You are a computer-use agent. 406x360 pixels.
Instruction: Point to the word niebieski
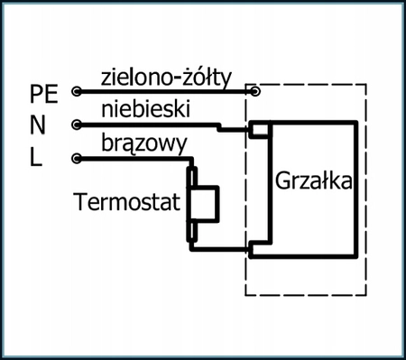coord(144,109)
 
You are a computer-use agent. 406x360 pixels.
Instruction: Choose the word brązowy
coord(144,143)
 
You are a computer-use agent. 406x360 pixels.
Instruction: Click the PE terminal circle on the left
coord(76,91)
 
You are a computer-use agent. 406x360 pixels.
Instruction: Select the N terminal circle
coord(76,125)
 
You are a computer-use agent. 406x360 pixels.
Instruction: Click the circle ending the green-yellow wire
coord(256,90)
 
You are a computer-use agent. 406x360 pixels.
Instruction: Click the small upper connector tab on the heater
coord(260,130)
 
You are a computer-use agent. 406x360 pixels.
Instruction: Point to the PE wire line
coord(162,91)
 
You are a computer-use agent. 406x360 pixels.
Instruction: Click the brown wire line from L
coord(135,160)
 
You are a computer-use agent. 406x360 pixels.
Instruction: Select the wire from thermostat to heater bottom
coord(221,248)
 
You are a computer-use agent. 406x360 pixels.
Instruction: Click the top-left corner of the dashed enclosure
coord(246,85)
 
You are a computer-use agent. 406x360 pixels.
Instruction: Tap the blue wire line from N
coord(153,125)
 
